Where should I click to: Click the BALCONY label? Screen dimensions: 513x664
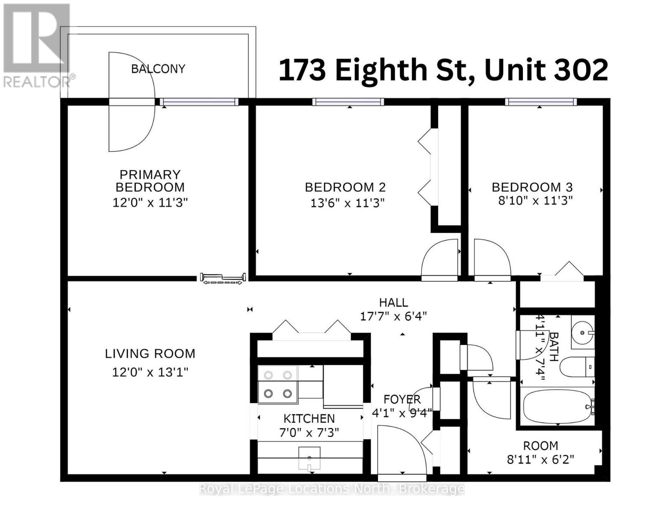point(158,69)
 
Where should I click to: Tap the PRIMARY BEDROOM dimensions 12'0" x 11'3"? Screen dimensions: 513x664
point(150,202)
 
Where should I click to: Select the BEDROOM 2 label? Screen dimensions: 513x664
point(345,187)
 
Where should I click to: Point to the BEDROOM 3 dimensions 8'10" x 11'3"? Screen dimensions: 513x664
point(535,200)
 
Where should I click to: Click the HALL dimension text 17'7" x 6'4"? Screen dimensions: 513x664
point(393,317)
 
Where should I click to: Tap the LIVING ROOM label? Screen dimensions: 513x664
point(150,354)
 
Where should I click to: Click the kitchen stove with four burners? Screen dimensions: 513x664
point(278,384)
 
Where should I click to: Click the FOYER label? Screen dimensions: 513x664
point(402,399)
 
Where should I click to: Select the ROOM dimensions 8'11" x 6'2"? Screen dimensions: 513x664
point(540,460)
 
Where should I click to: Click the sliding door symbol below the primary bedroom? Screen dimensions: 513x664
point(223,278)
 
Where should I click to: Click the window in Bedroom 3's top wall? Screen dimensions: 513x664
point(540,102)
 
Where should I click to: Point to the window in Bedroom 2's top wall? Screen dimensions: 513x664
point(348,102)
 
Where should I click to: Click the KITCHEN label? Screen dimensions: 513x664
point(309,419)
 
